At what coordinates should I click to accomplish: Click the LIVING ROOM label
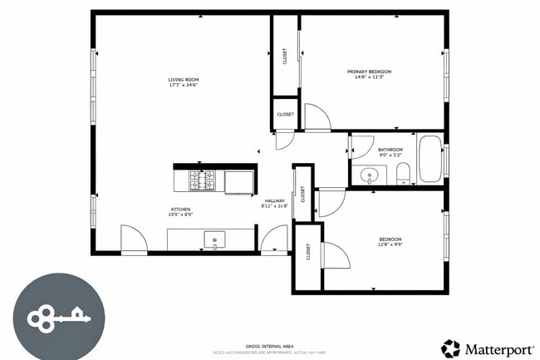point(184,80)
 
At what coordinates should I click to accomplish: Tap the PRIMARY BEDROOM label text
point(369,72)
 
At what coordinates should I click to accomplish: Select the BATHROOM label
point(390,150)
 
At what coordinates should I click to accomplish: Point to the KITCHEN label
point(181,209)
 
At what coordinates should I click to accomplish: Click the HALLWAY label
point(275,200)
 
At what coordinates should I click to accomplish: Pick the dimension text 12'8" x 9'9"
point(390,244)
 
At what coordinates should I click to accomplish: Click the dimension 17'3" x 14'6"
point(184,86)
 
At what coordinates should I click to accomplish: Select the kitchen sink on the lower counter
point(214,240)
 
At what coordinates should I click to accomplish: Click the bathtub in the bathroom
point(430,160)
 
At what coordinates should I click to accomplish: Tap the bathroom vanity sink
point(370,175)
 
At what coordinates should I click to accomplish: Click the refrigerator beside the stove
point(239,180)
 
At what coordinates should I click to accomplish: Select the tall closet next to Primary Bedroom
point(285,57)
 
